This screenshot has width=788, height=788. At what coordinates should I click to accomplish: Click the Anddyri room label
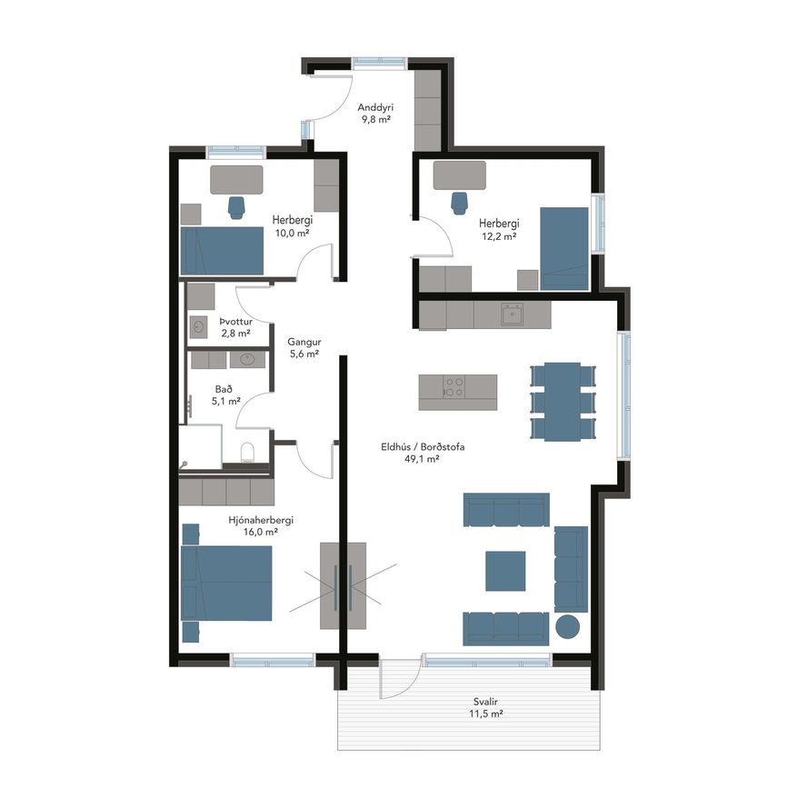[375, 107]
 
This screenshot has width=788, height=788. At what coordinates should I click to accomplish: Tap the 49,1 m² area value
[422, 458]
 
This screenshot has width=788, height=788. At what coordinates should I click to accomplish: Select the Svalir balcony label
[485, 702]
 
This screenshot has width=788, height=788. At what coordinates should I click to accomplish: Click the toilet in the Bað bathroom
[248, 453]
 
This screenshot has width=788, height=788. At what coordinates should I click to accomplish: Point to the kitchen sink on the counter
[512, 314]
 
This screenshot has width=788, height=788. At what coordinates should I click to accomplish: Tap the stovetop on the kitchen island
[454, 387]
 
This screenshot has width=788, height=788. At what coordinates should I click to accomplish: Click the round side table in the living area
[568, 627]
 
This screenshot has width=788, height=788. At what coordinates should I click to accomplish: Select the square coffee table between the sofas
[505, 571]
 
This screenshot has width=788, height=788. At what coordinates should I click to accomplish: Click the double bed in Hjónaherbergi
[226, 584]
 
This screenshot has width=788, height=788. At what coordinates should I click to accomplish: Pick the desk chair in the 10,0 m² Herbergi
[236, 207]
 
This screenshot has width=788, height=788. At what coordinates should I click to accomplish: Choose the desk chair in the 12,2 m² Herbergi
[459, 203]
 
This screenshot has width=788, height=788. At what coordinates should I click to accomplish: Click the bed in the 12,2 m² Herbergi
[564, 249]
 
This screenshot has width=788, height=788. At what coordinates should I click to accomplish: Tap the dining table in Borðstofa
[563, 402]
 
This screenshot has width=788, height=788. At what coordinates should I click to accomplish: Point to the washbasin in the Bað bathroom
[247, 359]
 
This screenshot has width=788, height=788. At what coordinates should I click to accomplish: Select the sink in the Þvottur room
[198, 328]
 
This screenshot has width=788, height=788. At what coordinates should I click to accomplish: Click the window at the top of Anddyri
[379, 64]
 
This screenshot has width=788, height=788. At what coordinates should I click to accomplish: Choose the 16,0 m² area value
[261, 532]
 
